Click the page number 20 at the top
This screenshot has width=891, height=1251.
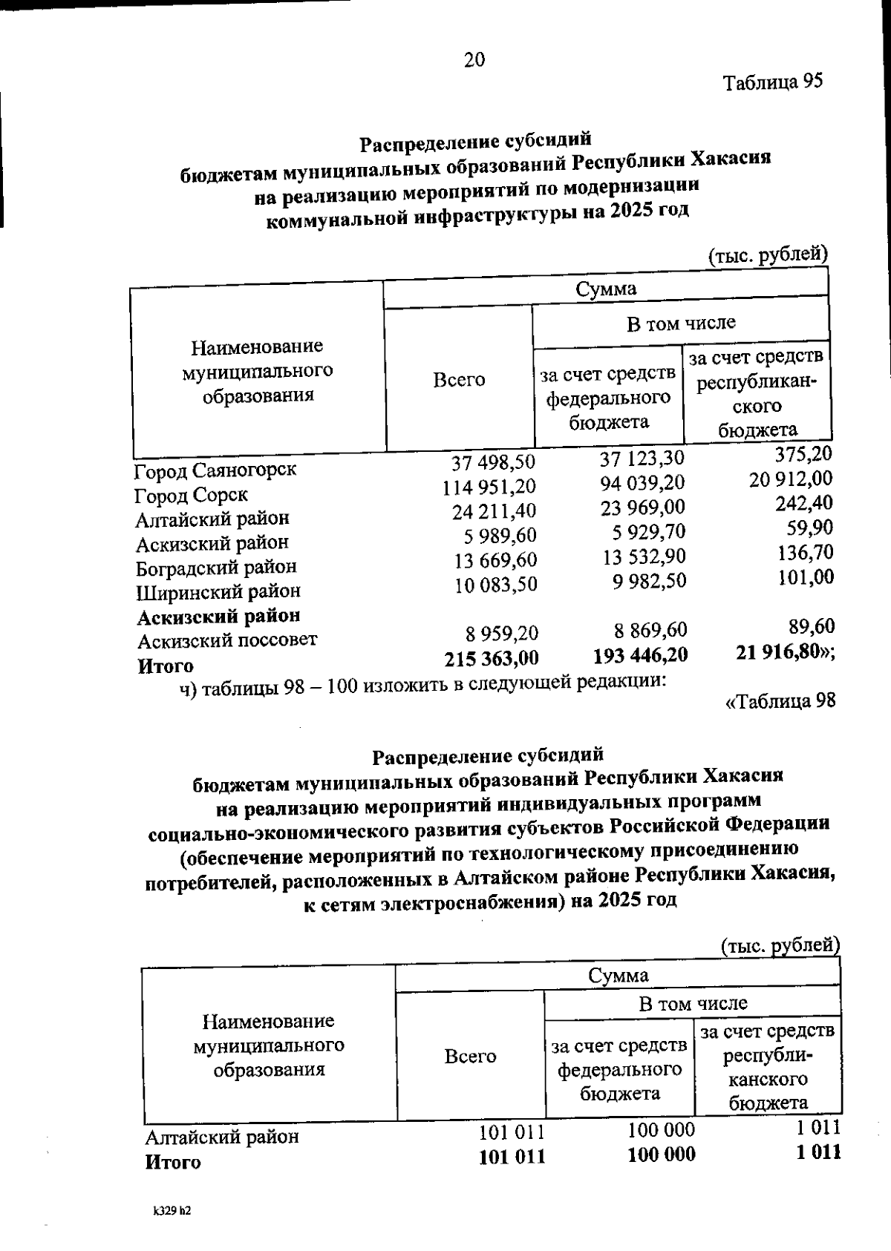(474, 60)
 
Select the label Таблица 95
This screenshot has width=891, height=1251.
(773, 81)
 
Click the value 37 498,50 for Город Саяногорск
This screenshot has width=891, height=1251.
(493, 462)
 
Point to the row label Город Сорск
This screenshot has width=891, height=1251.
(191, 495)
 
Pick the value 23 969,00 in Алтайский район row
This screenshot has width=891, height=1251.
(643, 508)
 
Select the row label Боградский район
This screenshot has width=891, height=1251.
(216, 568)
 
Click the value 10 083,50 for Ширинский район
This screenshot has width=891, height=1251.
(495, 585)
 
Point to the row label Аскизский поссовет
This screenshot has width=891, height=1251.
(226, 640)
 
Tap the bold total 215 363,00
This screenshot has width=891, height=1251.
(491, 658)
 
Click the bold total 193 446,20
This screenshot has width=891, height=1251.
(640, 655)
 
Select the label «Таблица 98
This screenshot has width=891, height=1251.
(780, 701)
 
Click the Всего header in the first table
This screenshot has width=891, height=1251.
(459, 380)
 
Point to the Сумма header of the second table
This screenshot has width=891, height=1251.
(618, 975)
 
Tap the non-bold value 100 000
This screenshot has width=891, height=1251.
(661, 1130)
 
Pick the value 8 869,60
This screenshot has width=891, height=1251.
(650, 631)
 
